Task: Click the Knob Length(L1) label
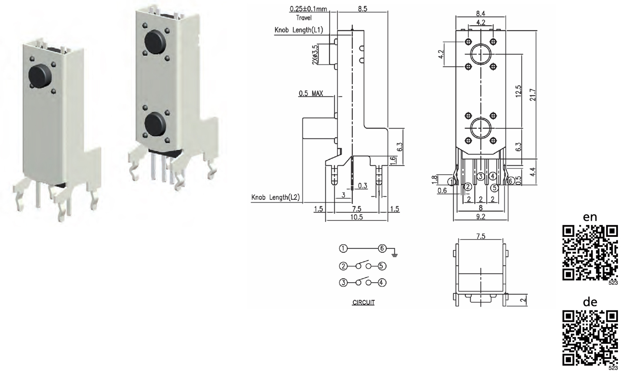click(299, 30)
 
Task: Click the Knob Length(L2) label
click(275, 197)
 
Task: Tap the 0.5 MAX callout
click(311, 93)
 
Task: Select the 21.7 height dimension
click(532, 95)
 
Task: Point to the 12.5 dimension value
click(518, 91)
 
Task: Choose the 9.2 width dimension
click(480, 217)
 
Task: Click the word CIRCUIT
click(363, 302)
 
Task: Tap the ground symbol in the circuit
click(395, 252)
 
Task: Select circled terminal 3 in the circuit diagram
click(343, 283)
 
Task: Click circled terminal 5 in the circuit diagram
click(382, 266)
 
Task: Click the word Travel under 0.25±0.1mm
click(304, 18)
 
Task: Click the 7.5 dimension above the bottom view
click(480, 236)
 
